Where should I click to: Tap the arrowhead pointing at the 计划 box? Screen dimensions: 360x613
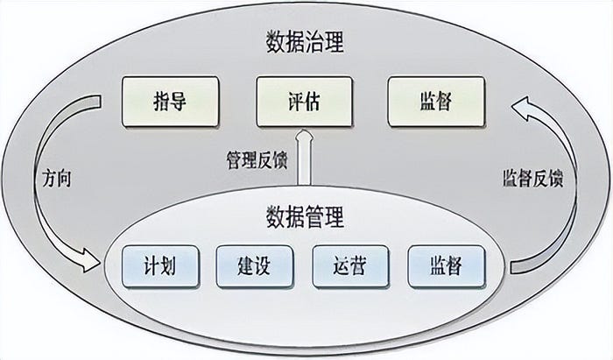[x=91, y=261]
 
